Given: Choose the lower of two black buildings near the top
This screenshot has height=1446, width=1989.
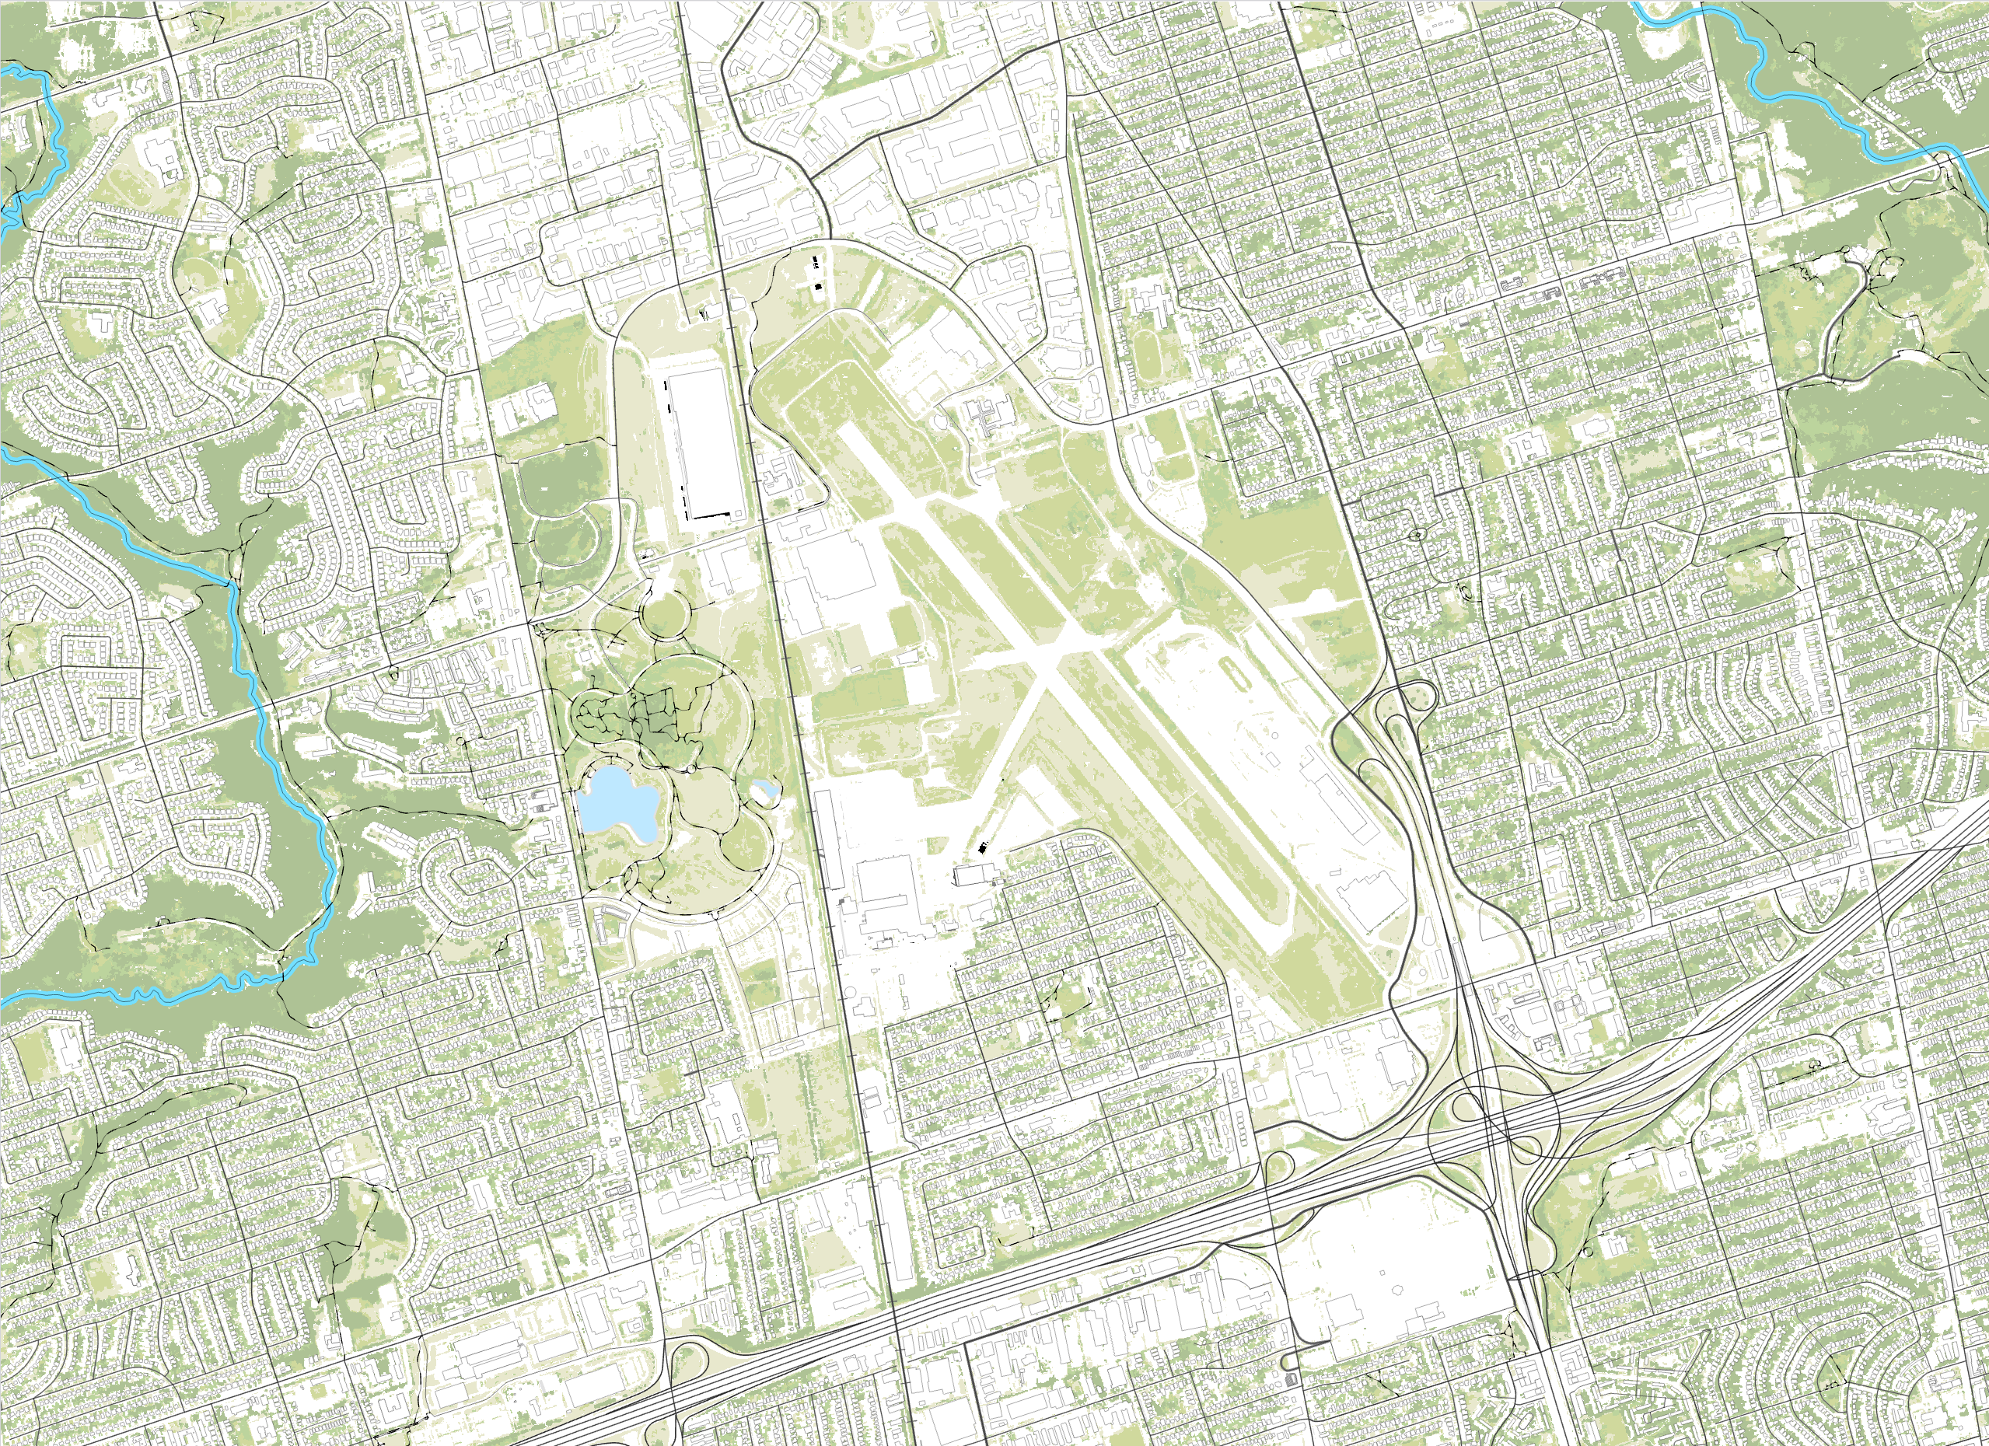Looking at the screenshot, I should click(x=819, y=286).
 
